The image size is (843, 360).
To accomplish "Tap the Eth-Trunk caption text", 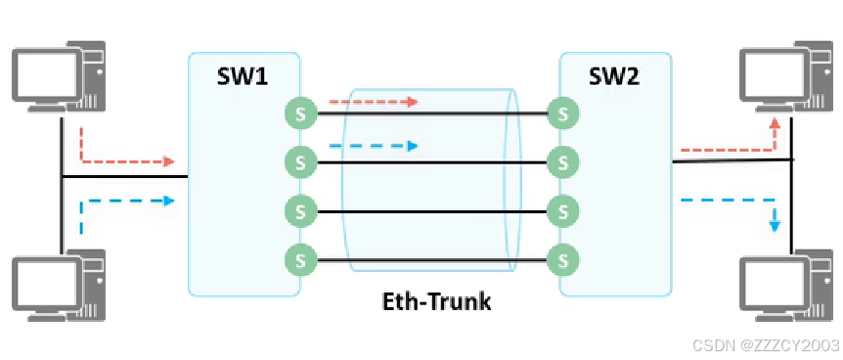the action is pos(436,301).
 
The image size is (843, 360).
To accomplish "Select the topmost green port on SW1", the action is pos(300,113).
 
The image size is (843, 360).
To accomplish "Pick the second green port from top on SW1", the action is pos(300,161).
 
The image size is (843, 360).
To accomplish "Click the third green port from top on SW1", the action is pos(300,211).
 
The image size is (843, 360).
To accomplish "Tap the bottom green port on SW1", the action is pos(300,260).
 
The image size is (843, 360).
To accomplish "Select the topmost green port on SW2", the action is pos(563,113).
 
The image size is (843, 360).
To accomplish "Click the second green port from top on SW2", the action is pos(563,161).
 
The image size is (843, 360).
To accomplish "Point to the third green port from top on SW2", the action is pos(563,211).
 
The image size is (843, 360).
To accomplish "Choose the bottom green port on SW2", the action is pos(563,260).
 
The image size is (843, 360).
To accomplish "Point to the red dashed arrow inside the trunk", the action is pos(374,101).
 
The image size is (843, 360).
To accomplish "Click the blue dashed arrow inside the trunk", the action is pos(374,146).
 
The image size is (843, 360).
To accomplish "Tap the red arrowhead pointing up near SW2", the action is pos(775,123).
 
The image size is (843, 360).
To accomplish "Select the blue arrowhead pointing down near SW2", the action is pos(775,225).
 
